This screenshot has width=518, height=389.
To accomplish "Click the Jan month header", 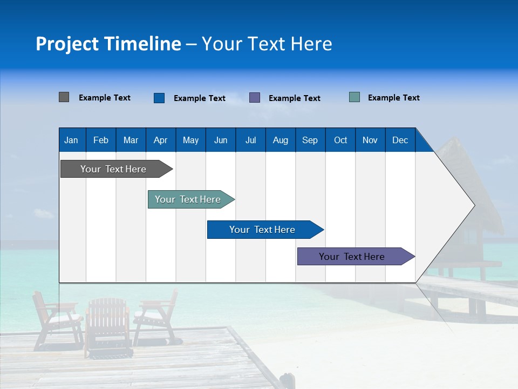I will click(71, 140).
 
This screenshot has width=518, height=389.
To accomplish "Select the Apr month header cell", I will click(160, 140).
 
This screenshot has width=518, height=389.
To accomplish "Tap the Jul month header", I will click(250, 140).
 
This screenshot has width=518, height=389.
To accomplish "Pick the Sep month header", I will click(310, 140).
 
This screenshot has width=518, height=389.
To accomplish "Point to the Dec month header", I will click(400, 140).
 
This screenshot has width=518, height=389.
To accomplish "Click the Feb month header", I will click(101, 140).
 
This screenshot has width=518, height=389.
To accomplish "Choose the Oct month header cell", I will click(340, 140).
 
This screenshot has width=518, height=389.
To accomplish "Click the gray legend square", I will click(64, 97).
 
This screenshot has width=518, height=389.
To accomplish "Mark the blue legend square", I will click(159, 98).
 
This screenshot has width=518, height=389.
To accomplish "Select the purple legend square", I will click(255, 98).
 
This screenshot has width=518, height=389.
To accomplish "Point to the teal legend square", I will click(355, 97).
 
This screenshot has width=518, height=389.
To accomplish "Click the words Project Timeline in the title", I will click(108, 44).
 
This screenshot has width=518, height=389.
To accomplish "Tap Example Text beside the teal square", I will click(393, 98).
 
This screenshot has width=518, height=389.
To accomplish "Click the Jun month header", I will click(221, 140).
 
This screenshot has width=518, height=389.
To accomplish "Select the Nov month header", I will click(370, 140).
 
